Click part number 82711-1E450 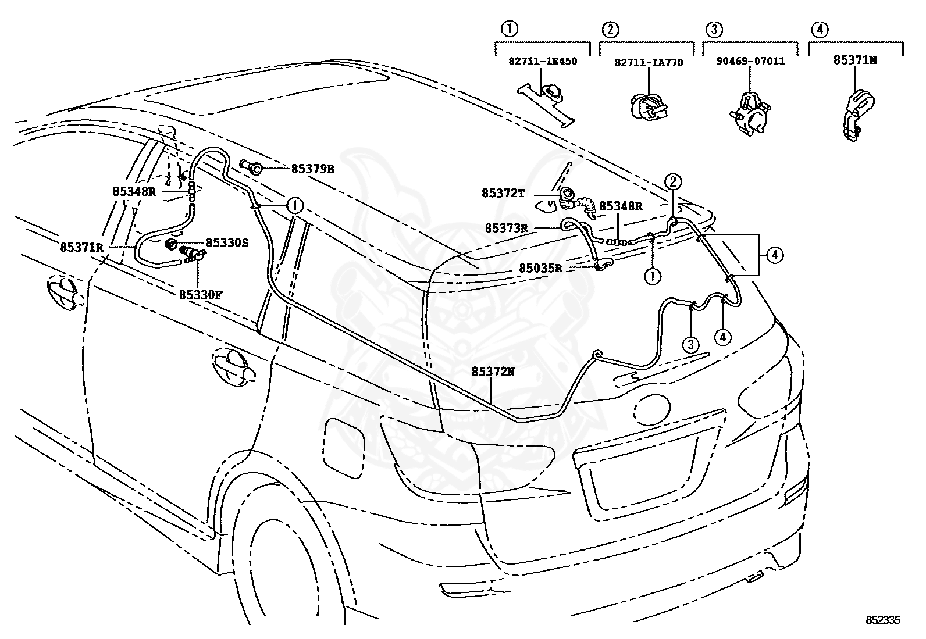click(542, 61)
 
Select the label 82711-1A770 click(649, 63)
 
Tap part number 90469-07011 click(750, 61)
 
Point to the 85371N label click(855, 60)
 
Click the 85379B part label click(312, 169)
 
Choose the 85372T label click(503, 193)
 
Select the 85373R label click(507, 228)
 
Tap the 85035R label click(541, 268)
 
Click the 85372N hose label click(493, 372)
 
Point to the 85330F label click(201, 295)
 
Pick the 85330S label click(227, 242)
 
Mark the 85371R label click(82, 248)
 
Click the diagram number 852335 click(882, 620)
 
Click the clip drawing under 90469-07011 click(749, 113)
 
